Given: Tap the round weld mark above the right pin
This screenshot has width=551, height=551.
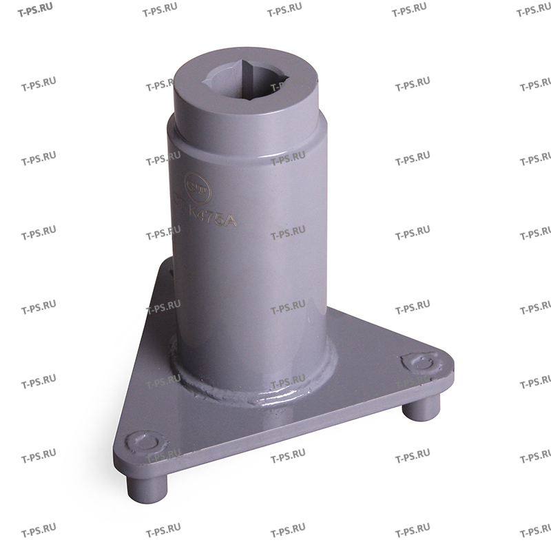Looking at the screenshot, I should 419,363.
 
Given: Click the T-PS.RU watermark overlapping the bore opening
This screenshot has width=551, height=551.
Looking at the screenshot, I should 287,86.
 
